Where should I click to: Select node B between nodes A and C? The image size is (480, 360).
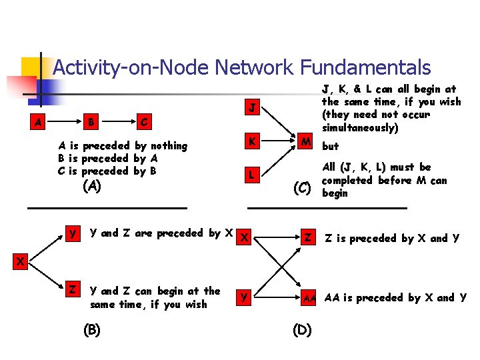pyautogui.click(x=91, y=123)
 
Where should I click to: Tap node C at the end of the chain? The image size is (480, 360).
pyautogui.click(x=143, y=123)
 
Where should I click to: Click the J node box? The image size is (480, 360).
pyautogui.click(x=251, y=108)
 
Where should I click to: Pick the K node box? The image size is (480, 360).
pyautogui.click(x=251, y=141)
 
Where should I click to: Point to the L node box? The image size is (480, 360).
pyautogui.click(x=251, y=175)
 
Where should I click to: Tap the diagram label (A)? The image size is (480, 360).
pyautogui.click(x=91, y=187)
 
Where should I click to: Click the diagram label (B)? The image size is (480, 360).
pyautogui.click(x=91, y=329)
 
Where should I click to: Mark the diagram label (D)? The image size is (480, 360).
pyautogui.click(x=301, y=329)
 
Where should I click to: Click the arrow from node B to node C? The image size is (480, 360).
pyautogui.click(x=117, y=123)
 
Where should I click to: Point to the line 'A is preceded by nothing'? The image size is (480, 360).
pyautogui.click(x=123, y=145)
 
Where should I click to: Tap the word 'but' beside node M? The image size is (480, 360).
pyautogui.click(x=331, y=146)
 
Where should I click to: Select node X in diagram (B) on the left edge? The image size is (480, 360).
pyautogui.click(x=20, y=262)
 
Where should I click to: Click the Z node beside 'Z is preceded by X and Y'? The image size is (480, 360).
pyautogui.click(x=308, y=238)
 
